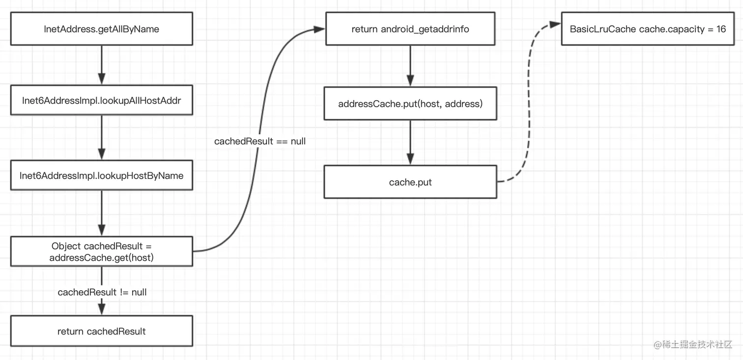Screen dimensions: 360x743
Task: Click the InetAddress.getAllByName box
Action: (102, 29)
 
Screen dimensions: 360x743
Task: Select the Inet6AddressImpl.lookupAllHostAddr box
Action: (102, 101)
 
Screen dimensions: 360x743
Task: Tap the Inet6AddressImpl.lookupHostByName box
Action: (102, 176)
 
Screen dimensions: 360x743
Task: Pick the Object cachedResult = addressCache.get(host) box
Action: (102, 251)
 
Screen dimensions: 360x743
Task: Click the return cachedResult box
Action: (102, 332)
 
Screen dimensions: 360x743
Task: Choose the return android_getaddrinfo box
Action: (410, 29)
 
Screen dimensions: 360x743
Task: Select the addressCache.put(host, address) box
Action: (410, 104)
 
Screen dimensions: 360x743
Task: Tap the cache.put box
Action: (410, 183)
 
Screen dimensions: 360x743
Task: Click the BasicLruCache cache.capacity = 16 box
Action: (648, 29)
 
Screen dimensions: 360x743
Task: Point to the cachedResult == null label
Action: (260, 141)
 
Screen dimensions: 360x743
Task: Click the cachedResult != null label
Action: (102, 292)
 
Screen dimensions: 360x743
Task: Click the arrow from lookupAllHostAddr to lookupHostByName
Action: (102, 138)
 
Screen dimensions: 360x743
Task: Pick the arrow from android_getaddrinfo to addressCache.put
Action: (410, 66)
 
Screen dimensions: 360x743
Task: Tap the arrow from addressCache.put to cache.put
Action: (410, 142)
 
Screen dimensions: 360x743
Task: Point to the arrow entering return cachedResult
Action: (102, 307)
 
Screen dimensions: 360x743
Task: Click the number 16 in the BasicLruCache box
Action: (721, 29)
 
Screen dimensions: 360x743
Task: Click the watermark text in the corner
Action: (693, 344)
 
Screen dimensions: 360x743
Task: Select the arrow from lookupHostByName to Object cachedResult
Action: (102, 213)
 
